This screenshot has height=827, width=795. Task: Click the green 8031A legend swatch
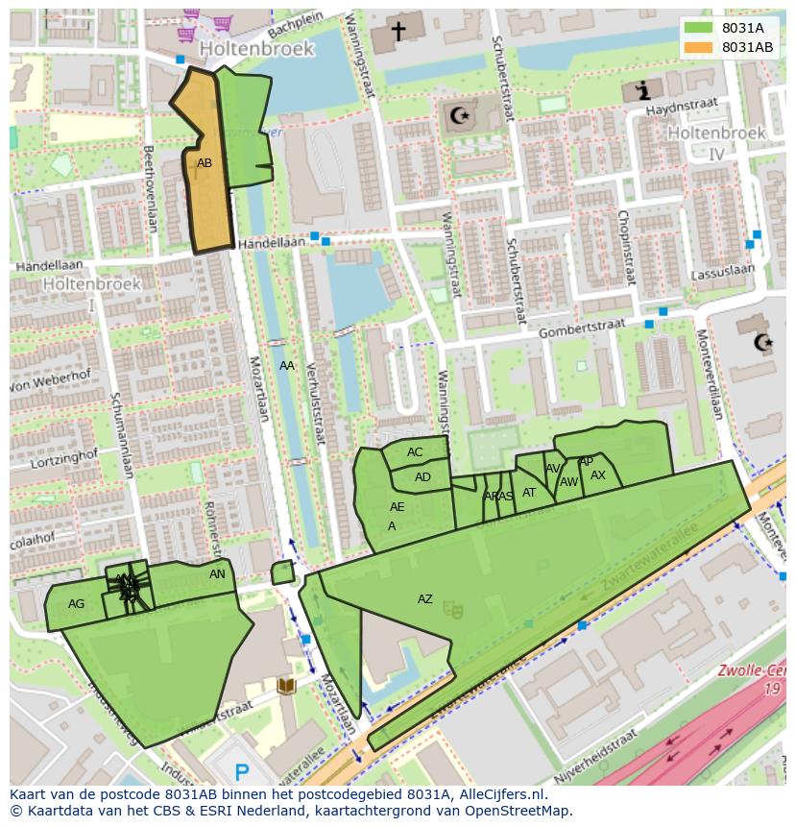698,28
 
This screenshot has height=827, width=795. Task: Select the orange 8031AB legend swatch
698,46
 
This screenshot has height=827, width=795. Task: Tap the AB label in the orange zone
205,163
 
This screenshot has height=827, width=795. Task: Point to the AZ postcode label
424,599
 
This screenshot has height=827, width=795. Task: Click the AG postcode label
77,604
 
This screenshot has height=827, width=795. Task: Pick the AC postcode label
415,452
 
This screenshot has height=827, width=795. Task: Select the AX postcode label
598,475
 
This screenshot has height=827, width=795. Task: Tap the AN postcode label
217,574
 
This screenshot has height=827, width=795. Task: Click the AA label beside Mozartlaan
287,366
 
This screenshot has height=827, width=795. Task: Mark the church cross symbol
397,31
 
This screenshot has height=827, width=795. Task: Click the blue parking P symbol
242,770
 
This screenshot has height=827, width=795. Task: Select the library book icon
285,685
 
